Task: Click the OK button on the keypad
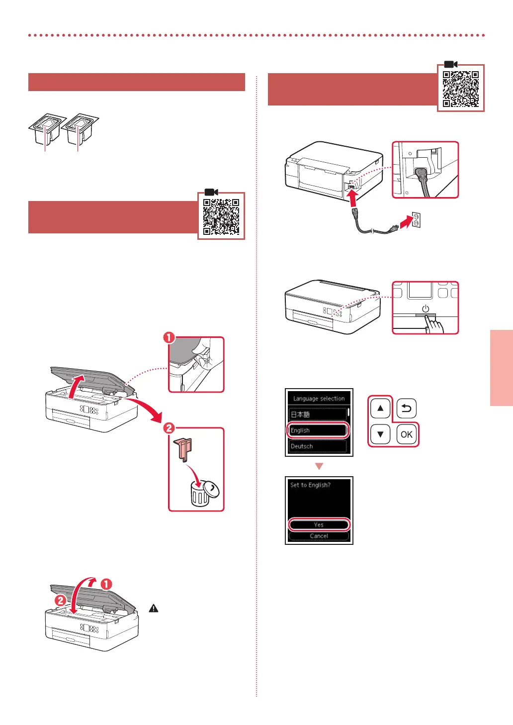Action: (406, 434)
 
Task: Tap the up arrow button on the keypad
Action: (380, 409)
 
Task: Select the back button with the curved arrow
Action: (406, 409)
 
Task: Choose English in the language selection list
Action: (318, 430)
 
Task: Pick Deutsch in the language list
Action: (318, 446)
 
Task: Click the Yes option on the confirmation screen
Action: (319, 524)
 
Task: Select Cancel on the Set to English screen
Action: (319, 536)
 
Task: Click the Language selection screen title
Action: (319, 399)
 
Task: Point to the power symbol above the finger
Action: (426, 309)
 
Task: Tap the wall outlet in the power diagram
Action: (416, 219)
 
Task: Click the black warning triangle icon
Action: (154, 608)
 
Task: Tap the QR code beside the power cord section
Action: (461, 89)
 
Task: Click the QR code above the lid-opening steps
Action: (221, 217)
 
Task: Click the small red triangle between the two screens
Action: (319, 466)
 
